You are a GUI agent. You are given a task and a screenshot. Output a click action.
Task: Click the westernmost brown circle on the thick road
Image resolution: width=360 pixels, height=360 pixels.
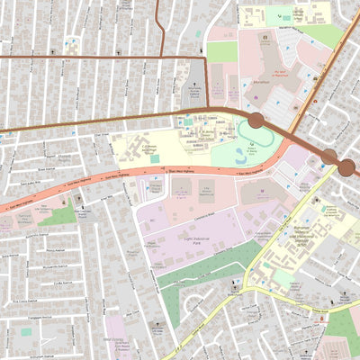pos(256,121)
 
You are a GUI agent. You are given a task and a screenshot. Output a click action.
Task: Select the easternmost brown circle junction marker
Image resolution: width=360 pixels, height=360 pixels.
pos(346,167)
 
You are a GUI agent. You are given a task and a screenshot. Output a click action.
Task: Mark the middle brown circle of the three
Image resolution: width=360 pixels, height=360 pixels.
pos(329,157)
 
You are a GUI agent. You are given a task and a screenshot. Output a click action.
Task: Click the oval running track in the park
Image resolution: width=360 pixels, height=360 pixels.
pos(255,132)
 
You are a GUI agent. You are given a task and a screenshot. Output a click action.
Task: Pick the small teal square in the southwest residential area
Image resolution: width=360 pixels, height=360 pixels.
pos(26,331)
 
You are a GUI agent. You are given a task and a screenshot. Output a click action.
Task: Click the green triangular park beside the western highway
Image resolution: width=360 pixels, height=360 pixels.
pos(58,215)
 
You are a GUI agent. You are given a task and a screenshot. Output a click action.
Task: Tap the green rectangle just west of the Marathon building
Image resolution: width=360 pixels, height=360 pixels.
pos(221,51)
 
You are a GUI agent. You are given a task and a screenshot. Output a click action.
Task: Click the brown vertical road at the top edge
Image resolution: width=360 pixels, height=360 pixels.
pos(158,22)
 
